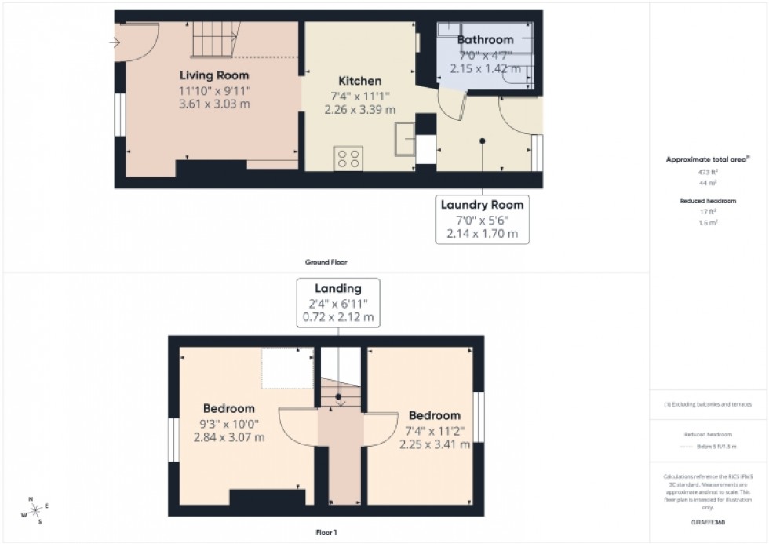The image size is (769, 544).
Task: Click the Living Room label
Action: [214, 76]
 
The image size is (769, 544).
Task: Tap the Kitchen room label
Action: [360, 81]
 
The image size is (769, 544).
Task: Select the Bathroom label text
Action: [485, 40]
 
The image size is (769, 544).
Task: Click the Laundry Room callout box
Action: [481, 219]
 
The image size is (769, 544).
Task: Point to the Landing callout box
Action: [338, 303]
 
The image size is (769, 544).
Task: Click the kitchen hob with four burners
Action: [348, 158]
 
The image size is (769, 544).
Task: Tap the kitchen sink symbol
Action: [406, 141]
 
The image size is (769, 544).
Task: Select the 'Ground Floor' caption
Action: [326, 262]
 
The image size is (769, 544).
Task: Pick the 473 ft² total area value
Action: [709, 171]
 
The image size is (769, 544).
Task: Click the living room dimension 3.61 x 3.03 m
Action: [214, 104]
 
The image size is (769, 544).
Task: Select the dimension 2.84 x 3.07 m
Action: [229, 437]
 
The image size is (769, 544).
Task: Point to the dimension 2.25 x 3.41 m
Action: [435, 444]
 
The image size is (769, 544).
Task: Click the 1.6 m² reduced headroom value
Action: [709, 222]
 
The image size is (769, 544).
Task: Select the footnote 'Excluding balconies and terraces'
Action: [709, 404]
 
